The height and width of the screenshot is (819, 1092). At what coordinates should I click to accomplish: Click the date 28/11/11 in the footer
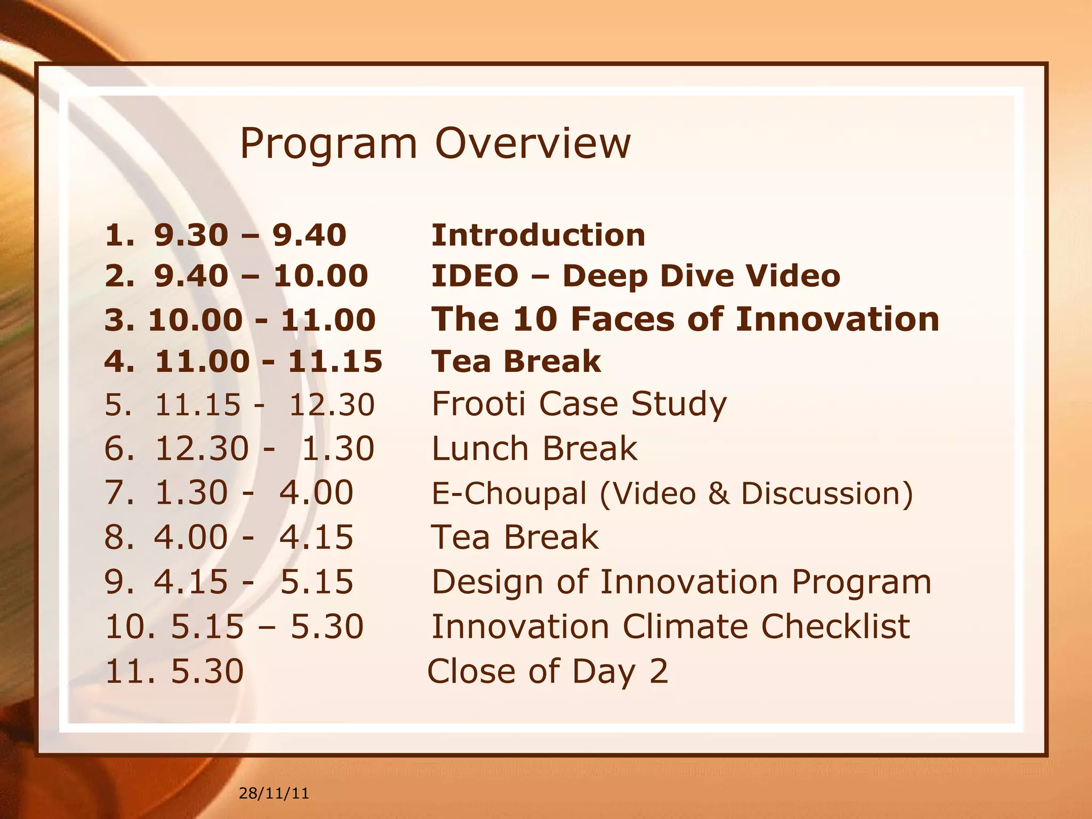tap(274, 793)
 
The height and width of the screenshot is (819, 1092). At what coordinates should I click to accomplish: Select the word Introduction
tap(538, 235)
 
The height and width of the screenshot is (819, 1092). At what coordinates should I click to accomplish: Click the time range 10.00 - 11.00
tap(262, 320)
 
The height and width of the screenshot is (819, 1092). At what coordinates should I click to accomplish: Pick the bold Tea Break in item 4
tap(516, 362)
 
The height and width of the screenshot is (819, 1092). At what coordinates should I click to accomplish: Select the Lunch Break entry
tap(534, 448)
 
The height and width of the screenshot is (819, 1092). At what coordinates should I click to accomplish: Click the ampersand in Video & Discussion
tap(718, 493)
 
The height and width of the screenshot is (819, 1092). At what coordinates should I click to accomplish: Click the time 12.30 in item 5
tap(332, 404)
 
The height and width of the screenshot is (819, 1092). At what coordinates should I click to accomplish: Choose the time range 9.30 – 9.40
tap(250, 235)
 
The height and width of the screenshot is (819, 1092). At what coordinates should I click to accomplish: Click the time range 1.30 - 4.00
tap(254, 492)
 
